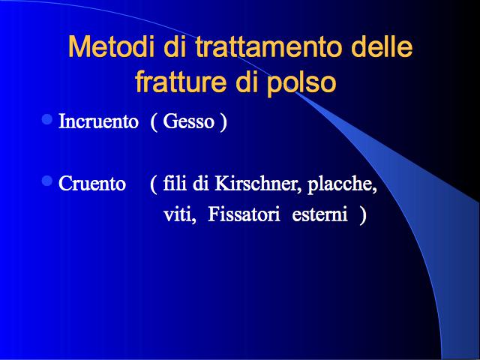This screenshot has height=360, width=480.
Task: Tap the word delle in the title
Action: click(x=382, y=46)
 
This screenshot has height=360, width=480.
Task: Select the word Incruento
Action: click(x=98, y=121)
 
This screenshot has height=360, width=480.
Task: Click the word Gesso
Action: click(x=188, y=121)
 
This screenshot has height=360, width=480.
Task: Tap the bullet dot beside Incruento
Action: click(x=47, y=119)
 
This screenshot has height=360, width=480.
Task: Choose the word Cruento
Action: click(x=92, y=183)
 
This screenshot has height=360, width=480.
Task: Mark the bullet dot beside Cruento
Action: click(x=47, y=181)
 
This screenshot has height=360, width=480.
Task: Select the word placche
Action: click(x=342, y=184)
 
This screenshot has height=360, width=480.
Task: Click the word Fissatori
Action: click(x=244, y=214)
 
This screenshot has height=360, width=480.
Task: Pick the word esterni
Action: click(x=320, y=214)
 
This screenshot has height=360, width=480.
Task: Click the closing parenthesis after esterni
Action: click(x=363, y=215)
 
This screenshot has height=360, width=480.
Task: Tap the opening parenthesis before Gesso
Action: click(x=154, y=122)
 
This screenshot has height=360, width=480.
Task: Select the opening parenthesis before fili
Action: click(x=154, y=184)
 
